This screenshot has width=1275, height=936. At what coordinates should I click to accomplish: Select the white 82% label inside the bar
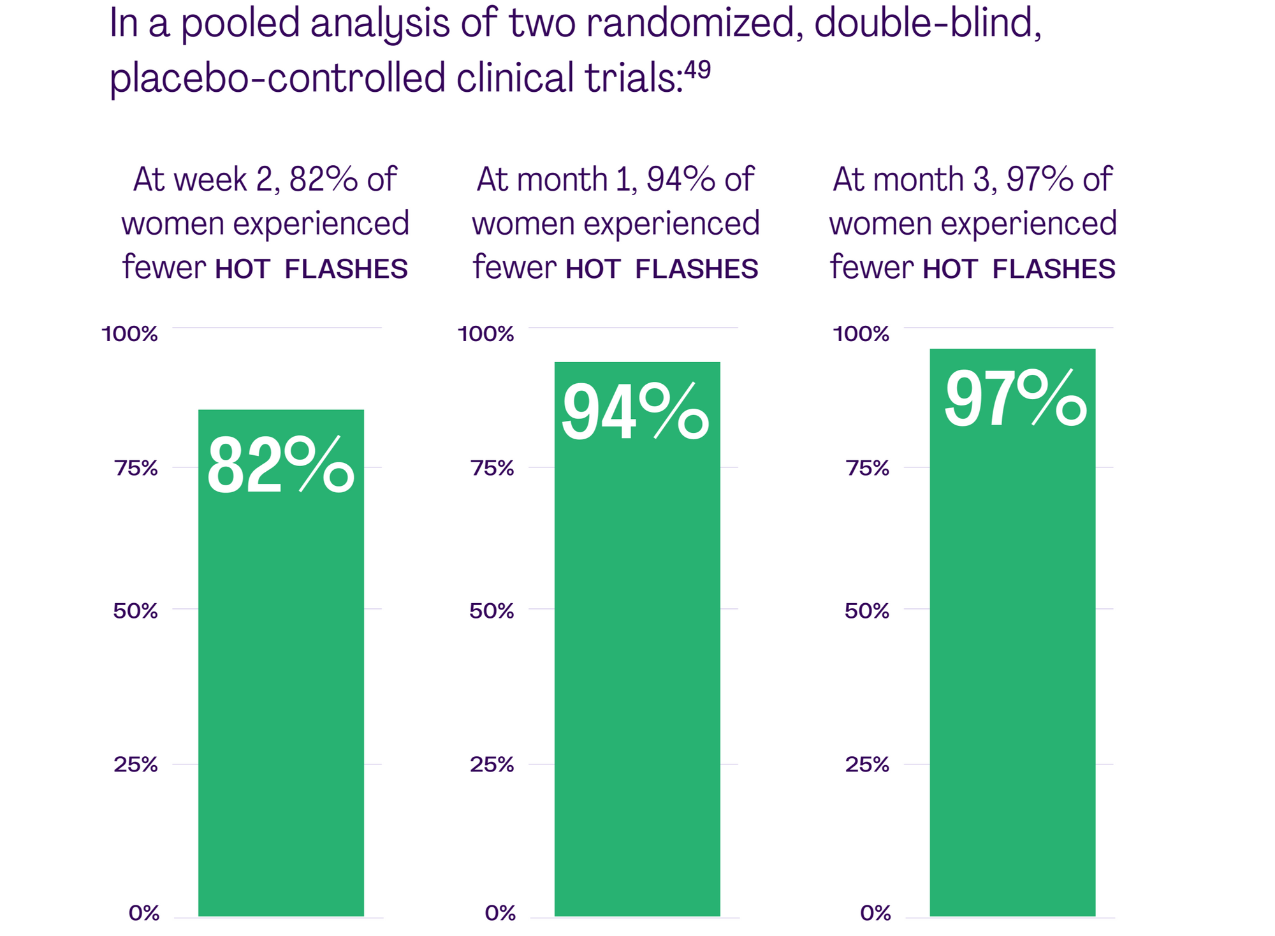tap(280, 466)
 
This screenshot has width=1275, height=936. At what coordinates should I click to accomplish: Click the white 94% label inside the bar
tap(635, 413)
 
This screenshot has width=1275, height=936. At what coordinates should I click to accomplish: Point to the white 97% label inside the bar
tap(1015, 400)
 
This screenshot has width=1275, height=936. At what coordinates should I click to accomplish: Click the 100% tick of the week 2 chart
tap(130, 333)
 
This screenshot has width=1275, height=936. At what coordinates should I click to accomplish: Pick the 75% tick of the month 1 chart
tap(492, 468)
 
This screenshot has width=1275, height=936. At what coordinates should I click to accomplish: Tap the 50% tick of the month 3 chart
tap(866, 611)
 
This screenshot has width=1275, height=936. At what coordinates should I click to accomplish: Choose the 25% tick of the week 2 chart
tap(136, 764)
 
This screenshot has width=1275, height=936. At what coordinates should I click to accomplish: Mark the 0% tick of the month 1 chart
tap(500, 913)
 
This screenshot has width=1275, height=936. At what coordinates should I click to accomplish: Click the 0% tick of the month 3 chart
tap(875, 913)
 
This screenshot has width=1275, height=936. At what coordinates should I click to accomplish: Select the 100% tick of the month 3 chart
tap(861, 333)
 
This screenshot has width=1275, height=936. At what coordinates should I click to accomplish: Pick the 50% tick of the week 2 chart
tap(135, 611)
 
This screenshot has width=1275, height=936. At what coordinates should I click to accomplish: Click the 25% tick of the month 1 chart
tap(492, 764)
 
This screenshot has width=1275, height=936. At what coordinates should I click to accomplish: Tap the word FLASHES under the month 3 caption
tap(1054, 269)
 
